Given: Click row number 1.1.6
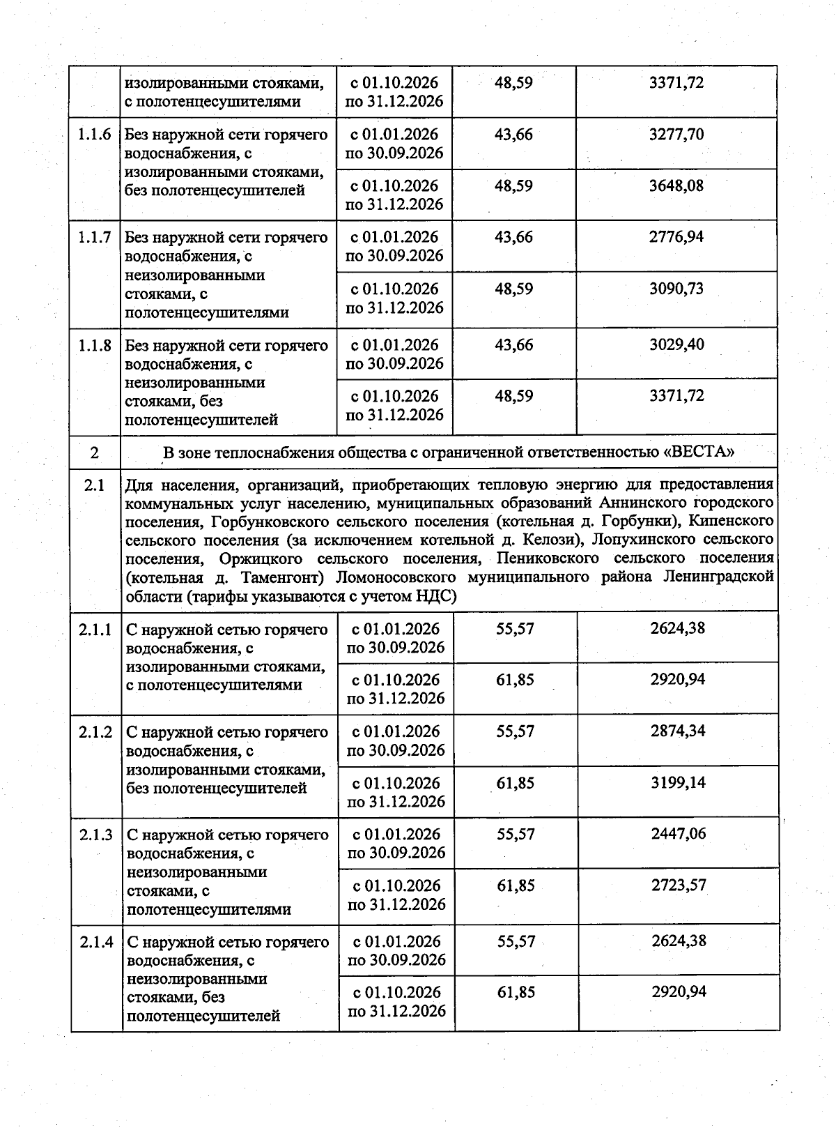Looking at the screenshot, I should tap(95, 135).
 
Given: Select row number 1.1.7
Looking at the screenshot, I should tap(95, 238).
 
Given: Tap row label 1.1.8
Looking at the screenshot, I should tap(95, 345).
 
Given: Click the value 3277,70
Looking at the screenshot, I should tap(676, 135).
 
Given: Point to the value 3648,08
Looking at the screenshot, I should tap(676, 186).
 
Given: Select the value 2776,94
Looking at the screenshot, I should tap(676, 237).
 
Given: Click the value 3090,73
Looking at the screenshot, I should tap(676, 289).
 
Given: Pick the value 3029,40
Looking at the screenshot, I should tap(676, 344).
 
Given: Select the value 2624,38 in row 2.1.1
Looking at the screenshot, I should tap(677, 628).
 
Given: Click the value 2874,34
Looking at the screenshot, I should tap(677, 731).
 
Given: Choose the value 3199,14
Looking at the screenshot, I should tap(677, 783).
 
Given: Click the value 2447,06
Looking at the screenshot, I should tap(678, 834).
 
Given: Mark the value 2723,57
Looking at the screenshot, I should tap(678, 885).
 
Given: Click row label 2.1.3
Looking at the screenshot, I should tap(96, 835).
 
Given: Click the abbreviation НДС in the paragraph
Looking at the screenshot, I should tap(434, 596).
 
